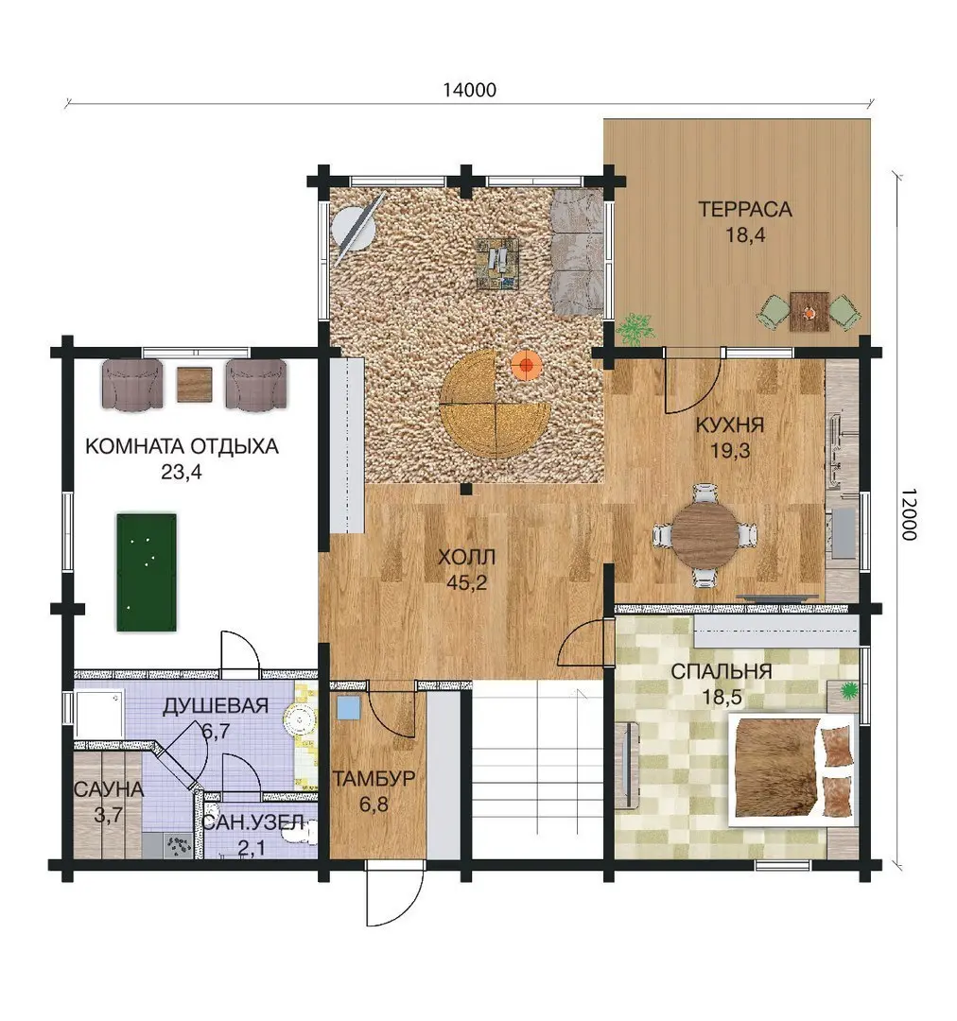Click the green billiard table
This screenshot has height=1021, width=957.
(x=147, y=572)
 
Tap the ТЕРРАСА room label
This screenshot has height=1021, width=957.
(x=745, y=210)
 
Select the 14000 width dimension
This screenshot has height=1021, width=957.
(x=470, y=90)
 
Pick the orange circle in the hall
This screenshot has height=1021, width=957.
(x=526, y=365)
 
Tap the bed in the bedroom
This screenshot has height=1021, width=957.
(x=792, y=770)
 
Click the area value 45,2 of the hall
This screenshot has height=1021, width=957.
(x=466, y=582)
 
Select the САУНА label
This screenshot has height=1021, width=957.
(x=109, y=789)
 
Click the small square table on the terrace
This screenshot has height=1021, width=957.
(x=809, y=312)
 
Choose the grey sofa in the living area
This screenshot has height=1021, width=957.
(x=577, y=252)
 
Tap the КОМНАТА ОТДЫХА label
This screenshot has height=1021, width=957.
(x=182, y=446)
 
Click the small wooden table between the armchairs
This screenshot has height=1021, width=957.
(x=194, y=385)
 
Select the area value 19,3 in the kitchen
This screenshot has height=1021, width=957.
(x=730, y=451)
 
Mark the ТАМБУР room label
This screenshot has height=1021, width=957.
(x=374, y=779)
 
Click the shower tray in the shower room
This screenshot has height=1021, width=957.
(x=99, y=715)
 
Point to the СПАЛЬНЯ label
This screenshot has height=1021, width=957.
(x=722, y=672)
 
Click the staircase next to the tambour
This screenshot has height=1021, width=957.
(x=536, y=770)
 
